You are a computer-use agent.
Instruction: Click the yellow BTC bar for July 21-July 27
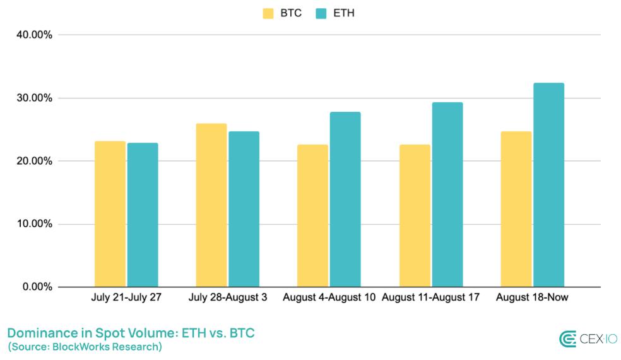pos(110,214)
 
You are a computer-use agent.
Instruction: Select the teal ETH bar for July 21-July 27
pos(143,215)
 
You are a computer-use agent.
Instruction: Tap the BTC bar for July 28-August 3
pos(211,205)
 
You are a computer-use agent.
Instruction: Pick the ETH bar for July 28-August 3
pos(244,209)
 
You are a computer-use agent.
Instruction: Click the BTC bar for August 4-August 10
pos(313,216)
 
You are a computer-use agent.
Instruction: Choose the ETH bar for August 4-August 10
pos(345,200)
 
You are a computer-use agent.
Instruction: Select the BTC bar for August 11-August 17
pos(415,216)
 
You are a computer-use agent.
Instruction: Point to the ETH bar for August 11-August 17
pos(447,195)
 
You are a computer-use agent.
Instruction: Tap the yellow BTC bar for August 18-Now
pos(516,209)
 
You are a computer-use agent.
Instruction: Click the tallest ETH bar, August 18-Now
pos(548,185)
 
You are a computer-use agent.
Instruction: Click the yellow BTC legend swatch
pos(268,13)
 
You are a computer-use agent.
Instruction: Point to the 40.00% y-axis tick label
pos(34,35)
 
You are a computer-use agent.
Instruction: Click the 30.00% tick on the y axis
pos(34,98)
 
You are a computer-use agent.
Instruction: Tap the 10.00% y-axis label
pos(34,224)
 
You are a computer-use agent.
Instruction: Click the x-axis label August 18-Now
pos(532,297)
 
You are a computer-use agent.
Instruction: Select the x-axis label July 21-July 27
pos(126,297)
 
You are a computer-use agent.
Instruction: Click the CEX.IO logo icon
pos(567,339)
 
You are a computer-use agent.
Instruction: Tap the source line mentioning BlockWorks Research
pos(85,347)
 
